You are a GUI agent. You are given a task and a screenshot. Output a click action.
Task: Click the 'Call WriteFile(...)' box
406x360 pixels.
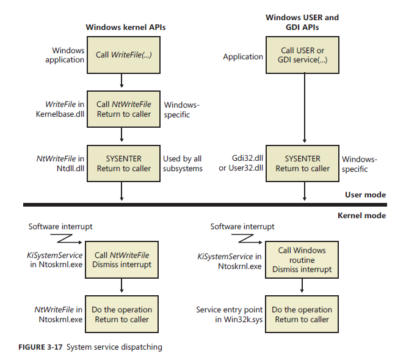(x=123, y=54)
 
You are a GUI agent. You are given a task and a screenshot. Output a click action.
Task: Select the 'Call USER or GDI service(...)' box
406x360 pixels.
(x=303, y=54)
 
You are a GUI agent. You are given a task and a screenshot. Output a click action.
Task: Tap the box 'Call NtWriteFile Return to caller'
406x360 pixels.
(x=123, y=109)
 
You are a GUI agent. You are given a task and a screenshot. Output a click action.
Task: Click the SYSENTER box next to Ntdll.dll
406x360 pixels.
(x=123, y=163)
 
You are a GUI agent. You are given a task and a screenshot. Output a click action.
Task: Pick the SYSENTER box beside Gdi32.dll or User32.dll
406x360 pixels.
(x=303, y=163)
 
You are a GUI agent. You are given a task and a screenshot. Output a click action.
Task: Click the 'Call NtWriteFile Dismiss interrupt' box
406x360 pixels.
(x=123, y=260)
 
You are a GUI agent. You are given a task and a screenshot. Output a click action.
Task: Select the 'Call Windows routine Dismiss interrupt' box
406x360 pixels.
(x=303, y=260)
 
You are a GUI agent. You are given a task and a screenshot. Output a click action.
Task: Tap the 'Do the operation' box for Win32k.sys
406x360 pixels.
(x=303, y=314)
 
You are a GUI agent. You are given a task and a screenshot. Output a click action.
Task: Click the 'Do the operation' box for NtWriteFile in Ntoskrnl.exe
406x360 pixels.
(x=123, y=314)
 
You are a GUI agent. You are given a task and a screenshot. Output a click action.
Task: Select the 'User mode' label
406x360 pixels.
(x=366, y=195)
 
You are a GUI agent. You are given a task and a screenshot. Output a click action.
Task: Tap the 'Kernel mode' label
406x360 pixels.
(x=361, y=215)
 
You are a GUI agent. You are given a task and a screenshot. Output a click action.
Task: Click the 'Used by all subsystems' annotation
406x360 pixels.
(x=183, y=164)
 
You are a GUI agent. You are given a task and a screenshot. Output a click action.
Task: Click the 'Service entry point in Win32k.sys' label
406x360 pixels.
(x=229, y=314)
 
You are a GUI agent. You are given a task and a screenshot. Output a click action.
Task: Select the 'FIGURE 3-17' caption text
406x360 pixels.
(x=37, y=348)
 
